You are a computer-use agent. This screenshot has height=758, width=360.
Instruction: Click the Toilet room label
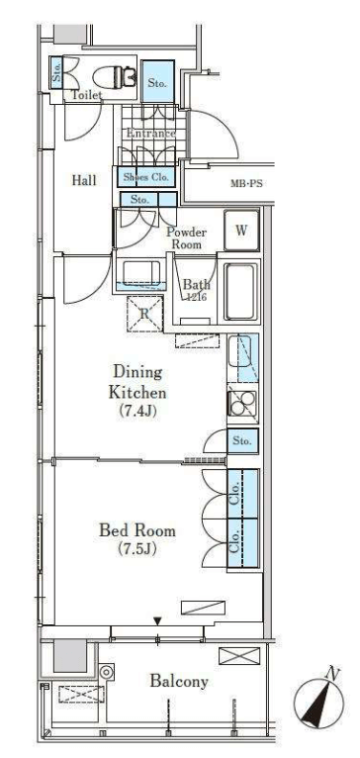coord(86,95)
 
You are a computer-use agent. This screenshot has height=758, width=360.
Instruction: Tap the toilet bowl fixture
coord(113,76)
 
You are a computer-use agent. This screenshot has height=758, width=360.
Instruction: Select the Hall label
coord(84,181)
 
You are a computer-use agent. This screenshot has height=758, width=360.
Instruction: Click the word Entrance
coord(150,134)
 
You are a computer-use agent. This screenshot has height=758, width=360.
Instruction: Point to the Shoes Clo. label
coord(147,177)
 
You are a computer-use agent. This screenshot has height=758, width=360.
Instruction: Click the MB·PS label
coord(246,184)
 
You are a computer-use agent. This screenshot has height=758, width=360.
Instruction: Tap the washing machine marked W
coord(241,231)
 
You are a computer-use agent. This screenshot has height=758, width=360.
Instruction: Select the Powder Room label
coord(187,238)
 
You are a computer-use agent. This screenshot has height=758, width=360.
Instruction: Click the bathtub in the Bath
coord(239,292)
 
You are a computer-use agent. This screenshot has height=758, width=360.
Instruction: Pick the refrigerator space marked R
coord(144,314)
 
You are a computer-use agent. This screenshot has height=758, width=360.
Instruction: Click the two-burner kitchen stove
coord(242,404)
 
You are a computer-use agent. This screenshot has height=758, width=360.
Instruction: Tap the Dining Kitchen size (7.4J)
coord(138,412)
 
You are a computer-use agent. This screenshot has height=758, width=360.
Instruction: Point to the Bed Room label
coord(137,530)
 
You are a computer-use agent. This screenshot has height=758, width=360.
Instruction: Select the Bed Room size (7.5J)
coord(137,549)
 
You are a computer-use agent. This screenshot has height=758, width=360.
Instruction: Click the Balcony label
coord(179,682)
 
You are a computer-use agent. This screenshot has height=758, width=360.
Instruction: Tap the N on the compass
coord(333,673)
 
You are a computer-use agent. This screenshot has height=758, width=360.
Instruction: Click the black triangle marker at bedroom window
coord(157,620)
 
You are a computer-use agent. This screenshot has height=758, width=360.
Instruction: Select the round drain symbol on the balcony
coord(107,672)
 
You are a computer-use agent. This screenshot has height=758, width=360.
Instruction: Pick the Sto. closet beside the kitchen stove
coord(242,441)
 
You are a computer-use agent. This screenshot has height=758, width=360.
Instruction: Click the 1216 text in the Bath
coord(197,298)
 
